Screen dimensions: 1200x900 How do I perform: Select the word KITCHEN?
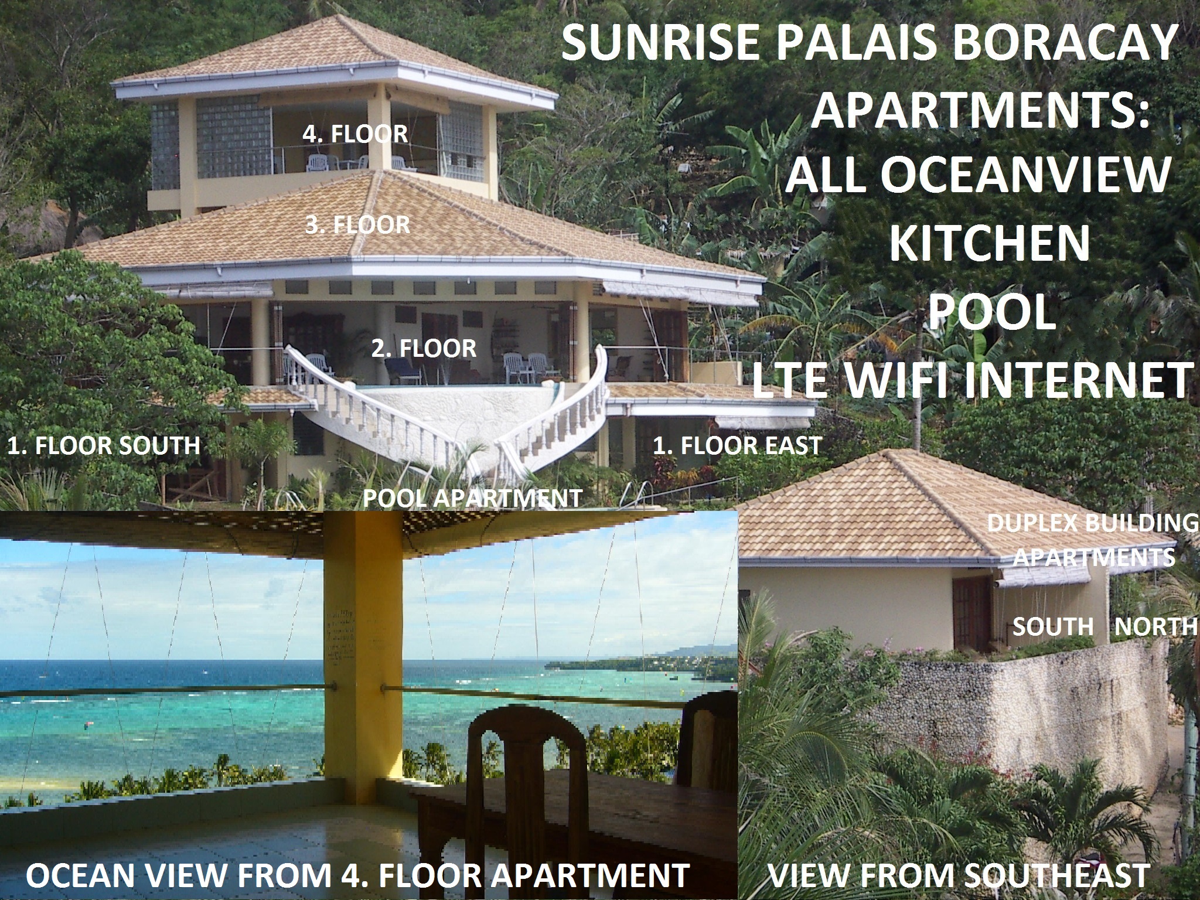[990, 244]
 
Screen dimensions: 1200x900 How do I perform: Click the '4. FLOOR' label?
[355, 134]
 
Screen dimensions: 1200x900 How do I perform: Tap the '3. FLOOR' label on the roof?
[357, 225]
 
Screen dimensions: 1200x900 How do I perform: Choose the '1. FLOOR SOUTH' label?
[103, 445]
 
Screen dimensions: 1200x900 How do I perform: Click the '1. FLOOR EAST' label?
[737, 446]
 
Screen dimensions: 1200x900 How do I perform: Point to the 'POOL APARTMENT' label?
[472, 498]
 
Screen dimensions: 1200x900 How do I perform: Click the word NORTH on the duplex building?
[1156, 627]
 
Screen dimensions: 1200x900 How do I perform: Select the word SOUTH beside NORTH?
[1053, 627]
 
